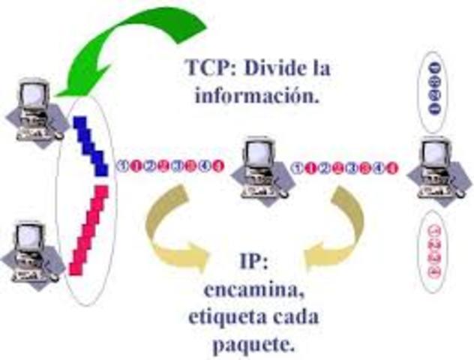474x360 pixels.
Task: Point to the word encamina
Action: coord(251,289)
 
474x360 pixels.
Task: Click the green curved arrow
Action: coord(142,41)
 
